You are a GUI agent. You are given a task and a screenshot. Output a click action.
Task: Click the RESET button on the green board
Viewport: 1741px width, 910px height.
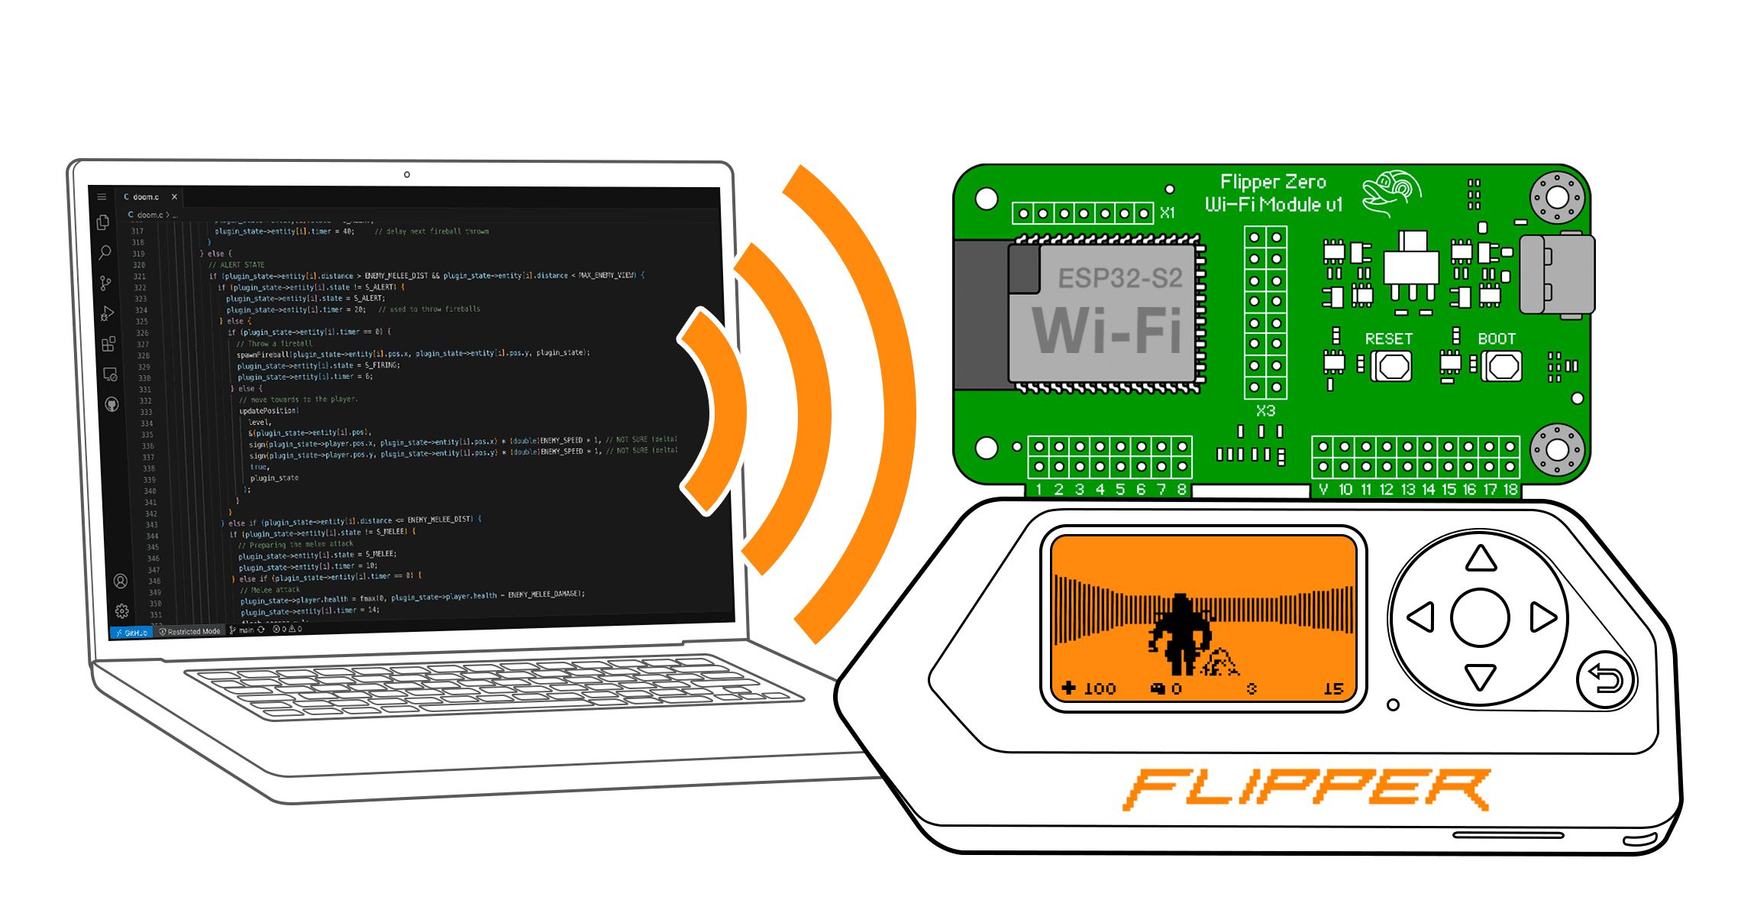click(1394, 367)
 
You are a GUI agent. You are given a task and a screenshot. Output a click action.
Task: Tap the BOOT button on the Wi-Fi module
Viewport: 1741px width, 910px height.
click(1504, 367)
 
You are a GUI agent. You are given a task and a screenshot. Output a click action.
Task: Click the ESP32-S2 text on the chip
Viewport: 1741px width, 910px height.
click(1119, 278)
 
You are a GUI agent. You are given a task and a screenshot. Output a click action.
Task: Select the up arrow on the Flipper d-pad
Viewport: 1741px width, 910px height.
click(1481, 559)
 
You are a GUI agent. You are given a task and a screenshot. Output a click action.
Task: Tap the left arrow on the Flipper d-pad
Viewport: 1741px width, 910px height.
click(1421, 617)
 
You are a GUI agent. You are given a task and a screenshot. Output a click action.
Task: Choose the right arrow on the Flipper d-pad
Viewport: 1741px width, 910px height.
click(1542, 617)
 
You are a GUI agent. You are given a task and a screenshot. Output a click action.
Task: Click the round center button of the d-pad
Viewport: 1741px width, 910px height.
click(1480, 617)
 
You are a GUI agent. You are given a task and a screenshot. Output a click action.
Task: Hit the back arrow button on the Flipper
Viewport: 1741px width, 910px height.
click(1605, 678)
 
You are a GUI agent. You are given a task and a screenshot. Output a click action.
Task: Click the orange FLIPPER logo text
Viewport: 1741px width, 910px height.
click(1306, 789)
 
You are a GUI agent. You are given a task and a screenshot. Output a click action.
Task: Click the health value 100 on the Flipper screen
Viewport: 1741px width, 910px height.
click(1099, 689)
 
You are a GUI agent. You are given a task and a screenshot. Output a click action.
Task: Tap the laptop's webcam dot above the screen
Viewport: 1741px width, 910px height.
click(407, 175)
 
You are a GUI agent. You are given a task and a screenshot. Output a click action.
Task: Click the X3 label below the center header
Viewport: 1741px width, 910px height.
click(1265, 411)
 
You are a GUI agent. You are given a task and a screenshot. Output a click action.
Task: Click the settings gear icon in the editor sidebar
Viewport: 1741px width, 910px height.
click(121, 611)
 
